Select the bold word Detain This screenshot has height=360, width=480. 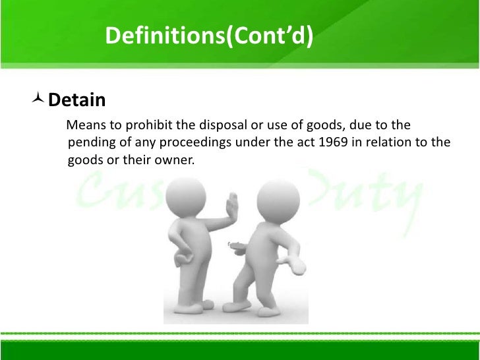pos(77,100)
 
